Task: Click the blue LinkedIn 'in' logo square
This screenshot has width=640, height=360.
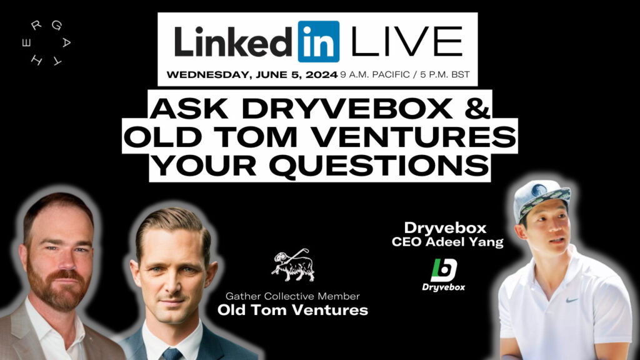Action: click(318, 42)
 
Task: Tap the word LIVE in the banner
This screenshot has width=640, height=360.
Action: click(406, 41)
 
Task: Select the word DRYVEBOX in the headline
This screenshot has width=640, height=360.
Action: click(347, 108)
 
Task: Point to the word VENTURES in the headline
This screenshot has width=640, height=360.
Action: click(416, 136)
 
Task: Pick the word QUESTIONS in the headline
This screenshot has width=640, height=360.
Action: click(379, 165)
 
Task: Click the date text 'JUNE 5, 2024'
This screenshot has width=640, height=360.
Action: click(297, 75)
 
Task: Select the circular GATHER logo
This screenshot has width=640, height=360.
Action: click(46, 43)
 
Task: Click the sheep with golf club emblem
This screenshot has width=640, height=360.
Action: click(293, 265)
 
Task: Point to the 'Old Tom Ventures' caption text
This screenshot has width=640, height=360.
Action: click(292, 310)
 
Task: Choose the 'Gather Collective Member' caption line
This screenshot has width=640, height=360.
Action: click(292, 296)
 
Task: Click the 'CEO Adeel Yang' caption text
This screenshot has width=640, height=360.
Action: click(447, 242)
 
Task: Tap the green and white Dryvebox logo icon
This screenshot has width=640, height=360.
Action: click(444, 270)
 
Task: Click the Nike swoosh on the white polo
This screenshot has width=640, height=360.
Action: click(572, 301)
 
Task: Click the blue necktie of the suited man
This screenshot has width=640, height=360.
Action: click(172, 354)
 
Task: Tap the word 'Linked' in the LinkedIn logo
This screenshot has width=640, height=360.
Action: click(233, 42)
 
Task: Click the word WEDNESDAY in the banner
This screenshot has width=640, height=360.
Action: click(209, 75)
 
